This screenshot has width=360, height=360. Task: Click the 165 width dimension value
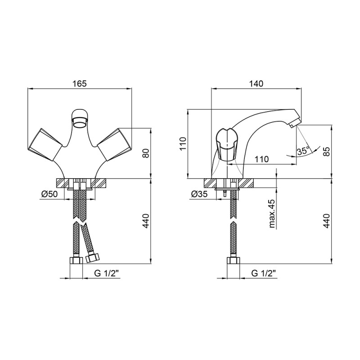point(80,84)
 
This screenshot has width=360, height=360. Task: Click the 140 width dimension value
point(256,84)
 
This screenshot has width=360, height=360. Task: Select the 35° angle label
point(303,151)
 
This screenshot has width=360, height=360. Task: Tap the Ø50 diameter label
point(49,194)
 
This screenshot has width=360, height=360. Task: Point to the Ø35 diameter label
point(199,194)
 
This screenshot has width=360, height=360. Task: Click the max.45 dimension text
point(272,213)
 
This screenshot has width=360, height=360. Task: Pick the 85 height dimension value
point(327,151)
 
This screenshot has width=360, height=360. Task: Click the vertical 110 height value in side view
point(184,144)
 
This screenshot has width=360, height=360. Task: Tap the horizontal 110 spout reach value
point(261,159)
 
